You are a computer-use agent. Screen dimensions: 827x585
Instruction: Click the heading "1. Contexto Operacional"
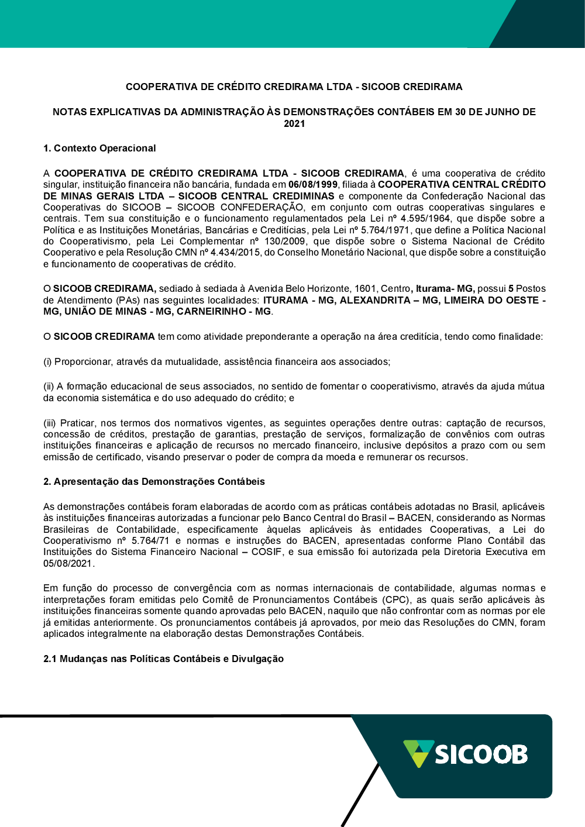(x=99, y=148)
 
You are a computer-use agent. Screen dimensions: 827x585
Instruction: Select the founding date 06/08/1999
(x=313, y=185)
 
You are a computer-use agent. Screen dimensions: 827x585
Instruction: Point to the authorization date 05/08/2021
(x=68, y=563)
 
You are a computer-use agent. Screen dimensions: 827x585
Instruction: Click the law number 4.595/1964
(x=425, y=219)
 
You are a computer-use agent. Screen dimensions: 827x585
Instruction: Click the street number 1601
(x=365, y=288)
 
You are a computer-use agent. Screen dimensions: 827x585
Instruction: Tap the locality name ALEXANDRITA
(x=375, y=300)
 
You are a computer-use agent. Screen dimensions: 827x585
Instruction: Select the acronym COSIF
(x=267, y=552)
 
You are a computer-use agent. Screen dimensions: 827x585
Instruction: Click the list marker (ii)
(x=49, y=387)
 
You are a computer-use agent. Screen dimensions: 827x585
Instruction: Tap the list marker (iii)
(x=50, y=423)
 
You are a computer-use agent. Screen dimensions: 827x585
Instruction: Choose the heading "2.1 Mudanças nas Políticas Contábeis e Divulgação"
(x=163, y=659)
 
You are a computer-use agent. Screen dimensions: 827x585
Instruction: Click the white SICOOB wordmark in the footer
(x=481, y=754)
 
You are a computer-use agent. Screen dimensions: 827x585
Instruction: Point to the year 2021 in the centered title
(x=294, y=123)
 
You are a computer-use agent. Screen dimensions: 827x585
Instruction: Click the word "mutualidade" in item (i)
(x=191, y=361)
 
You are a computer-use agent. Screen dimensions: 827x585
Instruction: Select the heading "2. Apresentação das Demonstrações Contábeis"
(x=154, y=481)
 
